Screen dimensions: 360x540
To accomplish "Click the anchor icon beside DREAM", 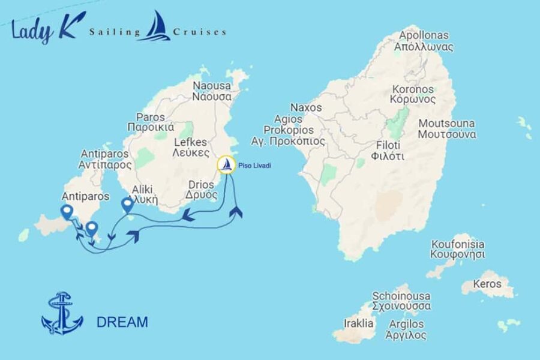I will click(62, 313).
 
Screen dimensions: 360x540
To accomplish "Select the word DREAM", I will click(122, 322).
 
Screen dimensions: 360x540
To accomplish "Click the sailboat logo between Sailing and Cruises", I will click(155, 26).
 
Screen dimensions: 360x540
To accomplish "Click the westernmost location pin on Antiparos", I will click(67, 212).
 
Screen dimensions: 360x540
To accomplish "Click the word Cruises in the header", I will click(199, 31).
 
